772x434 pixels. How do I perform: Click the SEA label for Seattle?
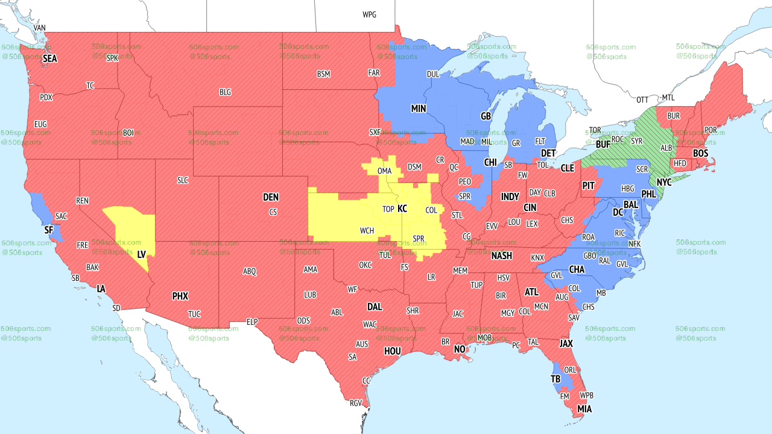coord(49,58)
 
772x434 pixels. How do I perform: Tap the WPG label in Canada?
coord(369,14)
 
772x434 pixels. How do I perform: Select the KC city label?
coord(402,209)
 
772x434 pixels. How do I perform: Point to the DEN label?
coord(271,197)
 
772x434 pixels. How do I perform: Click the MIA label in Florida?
coord(584,409)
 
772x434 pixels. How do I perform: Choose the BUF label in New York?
coord(603,145)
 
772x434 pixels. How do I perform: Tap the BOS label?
coord(700,154)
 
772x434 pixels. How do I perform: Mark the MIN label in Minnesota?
coord(419,108)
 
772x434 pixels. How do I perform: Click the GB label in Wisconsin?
coord(486,116)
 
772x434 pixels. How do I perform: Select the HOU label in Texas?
coord(393,351)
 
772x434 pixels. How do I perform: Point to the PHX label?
coord(180,296)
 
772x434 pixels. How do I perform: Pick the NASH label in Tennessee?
coord(501,256)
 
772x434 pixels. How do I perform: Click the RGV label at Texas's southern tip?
coord(355,403)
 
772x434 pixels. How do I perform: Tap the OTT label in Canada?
coord(643,99)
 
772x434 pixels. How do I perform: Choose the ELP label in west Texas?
coord(252,322)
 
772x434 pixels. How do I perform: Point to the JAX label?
coord(566,344)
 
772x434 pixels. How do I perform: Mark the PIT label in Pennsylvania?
coord(589,186)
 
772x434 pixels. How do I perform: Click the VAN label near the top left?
coord(40,28)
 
